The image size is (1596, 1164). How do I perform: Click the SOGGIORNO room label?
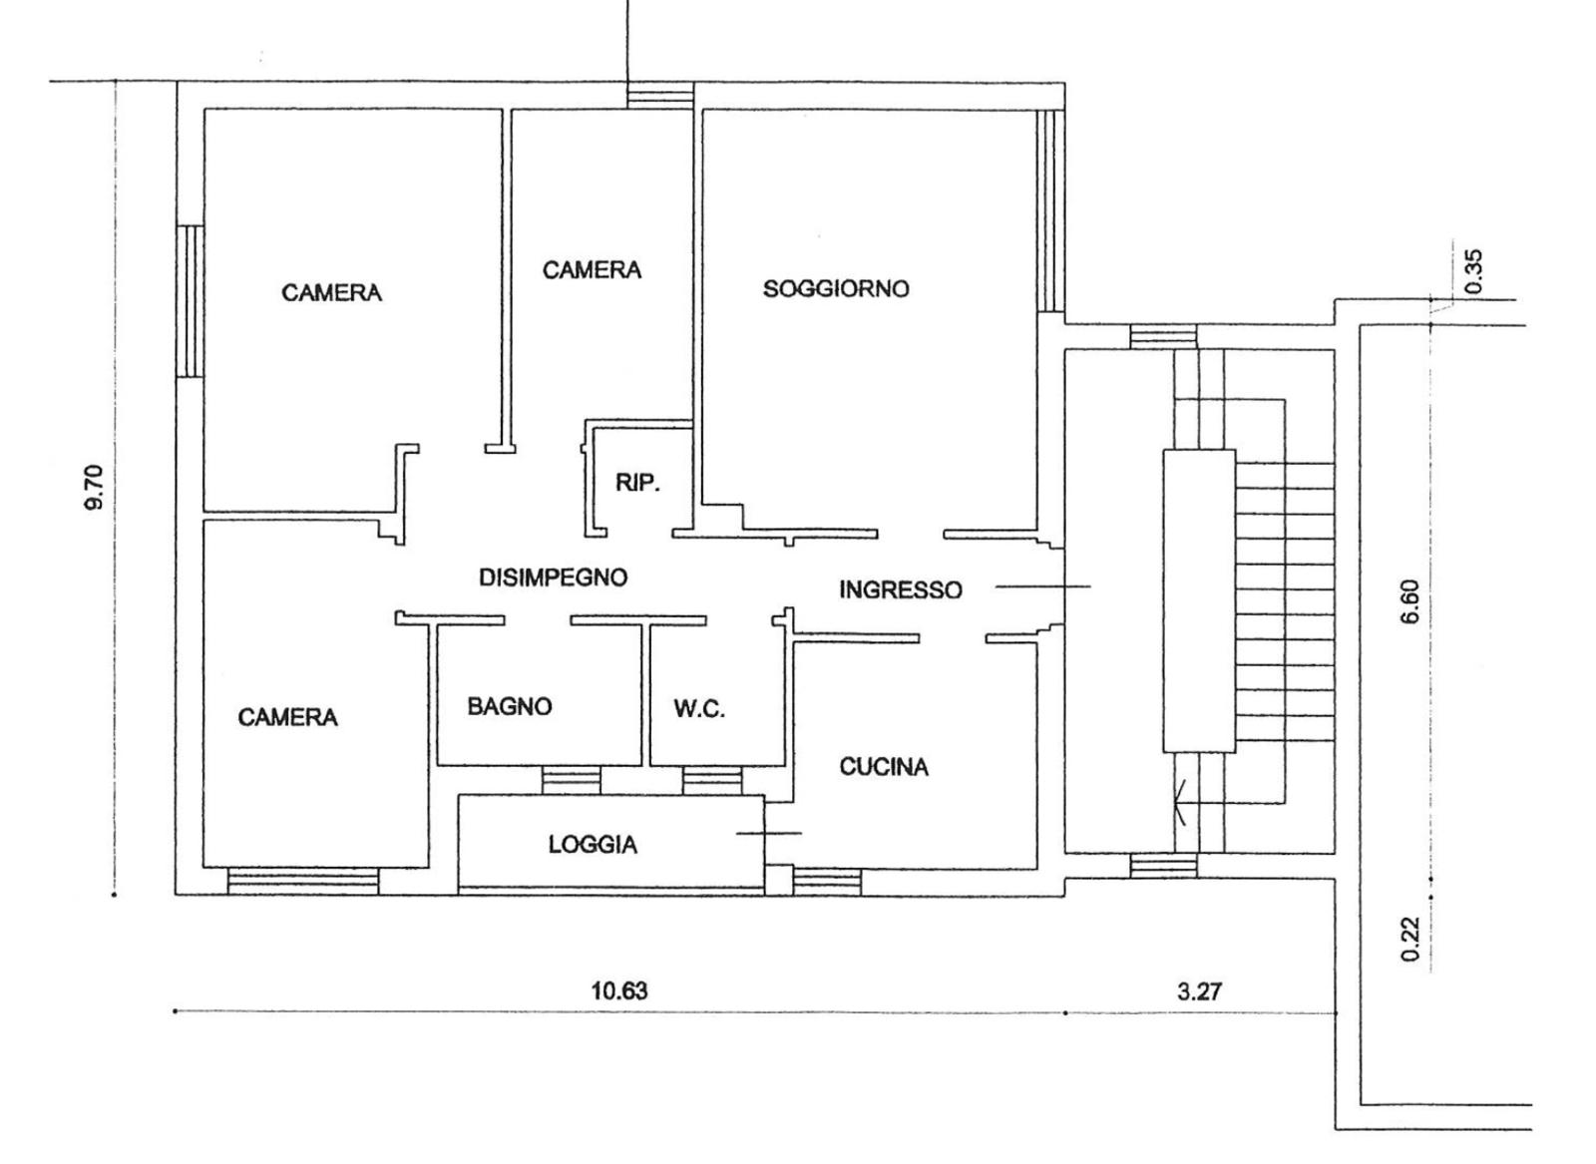coord(836,288)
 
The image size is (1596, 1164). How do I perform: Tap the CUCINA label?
coord(884,766)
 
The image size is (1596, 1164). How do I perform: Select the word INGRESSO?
coord(901,589)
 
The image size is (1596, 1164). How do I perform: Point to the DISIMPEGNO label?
coord(553,578)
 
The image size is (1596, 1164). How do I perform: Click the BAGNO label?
coord(510,706)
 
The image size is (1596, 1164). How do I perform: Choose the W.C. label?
coord(699,709)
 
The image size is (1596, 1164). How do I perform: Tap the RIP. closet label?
coord(637,483)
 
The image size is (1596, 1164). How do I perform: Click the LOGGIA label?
coord(593,845)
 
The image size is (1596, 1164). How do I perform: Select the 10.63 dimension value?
coord(619,990)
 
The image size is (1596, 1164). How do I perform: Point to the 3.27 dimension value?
coord(1199,991)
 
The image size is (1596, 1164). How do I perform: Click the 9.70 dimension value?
coord(95,488)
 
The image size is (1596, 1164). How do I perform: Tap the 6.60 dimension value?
coord(1410,601)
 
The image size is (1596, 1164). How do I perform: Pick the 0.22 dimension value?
coord(1410,939)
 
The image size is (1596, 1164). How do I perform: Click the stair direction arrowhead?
coord(1179,803)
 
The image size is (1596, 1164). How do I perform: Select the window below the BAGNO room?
coord(571,780)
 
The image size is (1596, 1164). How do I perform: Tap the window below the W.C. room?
coord(712,780)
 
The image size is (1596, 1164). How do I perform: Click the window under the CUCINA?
coord(827,881)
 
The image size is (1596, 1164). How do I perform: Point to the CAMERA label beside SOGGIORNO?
coord(593,270)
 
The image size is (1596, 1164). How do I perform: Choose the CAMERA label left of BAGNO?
coord(288,717)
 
